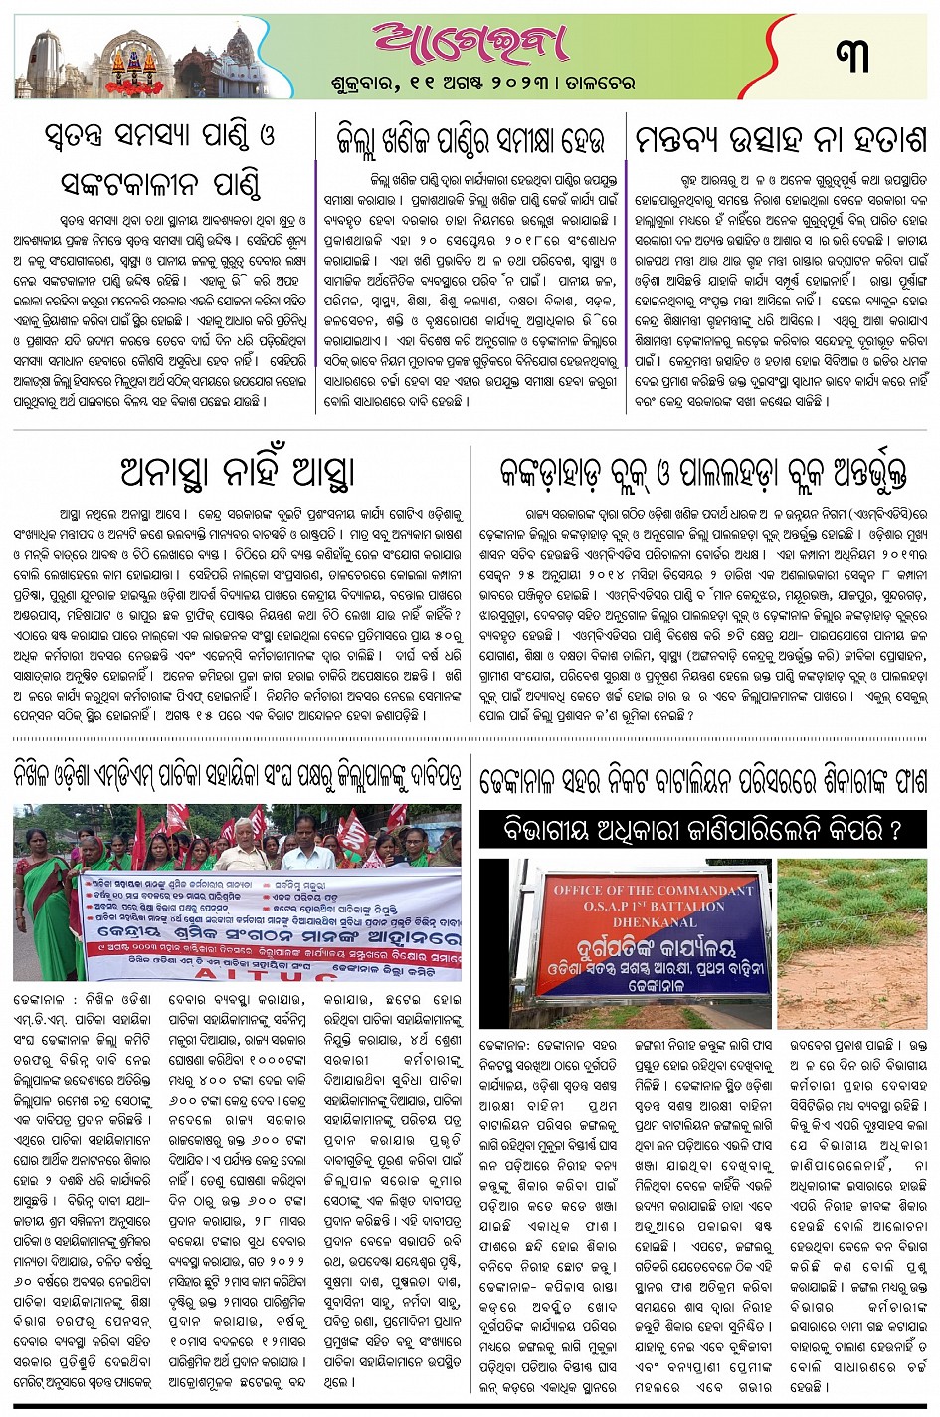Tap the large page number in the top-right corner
tap(853, 55)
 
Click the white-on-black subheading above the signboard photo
tap(703, 830)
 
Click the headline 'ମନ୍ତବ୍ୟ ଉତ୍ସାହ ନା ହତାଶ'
tap(780, 140)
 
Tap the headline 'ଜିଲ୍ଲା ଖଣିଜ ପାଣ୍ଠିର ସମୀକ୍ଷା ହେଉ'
tap(470, 141)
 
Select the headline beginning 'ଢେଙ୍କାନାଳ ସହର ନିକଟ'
tap(703, 779)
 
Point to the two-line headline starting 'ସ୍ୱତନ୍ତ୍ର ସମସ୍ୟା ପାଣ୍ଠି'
tap(159, 159)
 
